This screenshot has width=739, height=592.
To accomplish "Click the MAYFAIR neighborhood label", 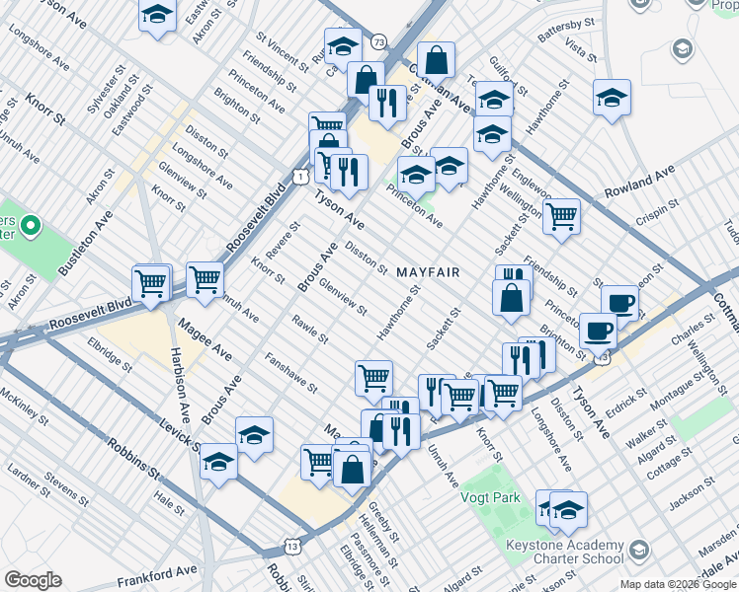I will tap(429, 271).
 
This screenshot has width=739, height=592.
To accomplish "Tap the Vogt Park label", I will tap(490, 498).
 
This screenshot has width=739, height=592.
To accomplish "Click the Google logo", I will tap(33, 580).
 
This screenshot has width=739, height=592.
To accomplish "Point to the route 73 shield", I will tap(379, 41).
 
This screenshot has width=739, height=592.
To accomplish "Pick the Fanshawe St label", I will tap(290, 371).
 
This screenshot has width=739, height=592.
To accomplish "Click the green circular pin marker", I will tap(30, 229).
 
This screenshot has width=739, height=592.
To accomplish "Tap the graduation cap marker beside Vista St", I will tap(613, 97).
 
